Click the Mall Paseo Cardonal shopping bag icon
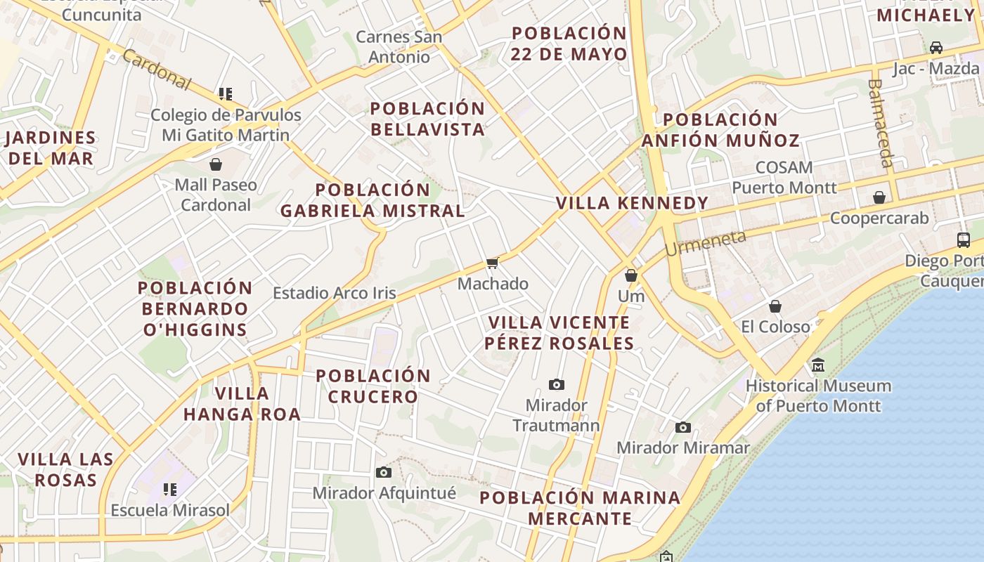216,164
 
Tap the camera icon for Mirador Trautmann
557,384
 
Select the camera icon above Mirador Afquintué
383,472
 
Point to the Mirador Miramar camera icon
683,427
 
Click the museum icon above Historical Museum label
818,365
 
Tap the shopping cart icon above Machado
492,263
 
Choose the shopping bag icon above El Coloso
775,306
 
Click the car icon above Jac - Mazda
936,48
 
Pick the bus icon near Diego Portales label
964,240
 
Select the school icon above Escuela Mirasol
169,489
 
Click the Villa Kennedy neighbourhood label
633,204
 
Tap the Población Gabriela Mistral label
373,200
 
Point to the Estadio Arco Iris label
335,293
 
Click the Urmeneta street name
705,243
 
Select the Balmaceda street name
879,123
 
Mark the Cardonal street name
156,70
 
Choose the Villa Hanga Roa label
242,403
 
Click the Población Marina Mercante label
580,508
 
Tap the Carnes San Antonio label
399,47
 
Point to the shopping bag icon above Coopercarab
879,198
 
